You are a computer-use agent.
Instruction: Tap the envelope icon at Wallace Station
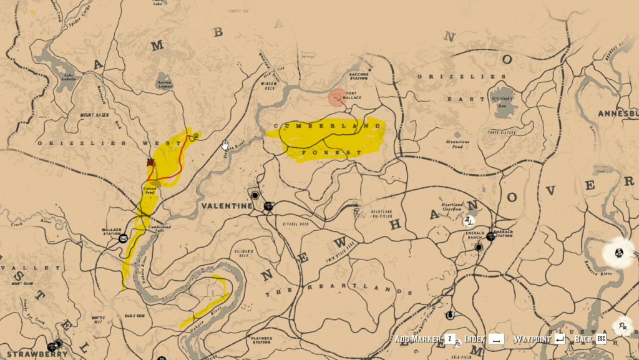124,238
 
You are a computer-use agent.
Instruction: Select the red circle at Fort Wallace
337,97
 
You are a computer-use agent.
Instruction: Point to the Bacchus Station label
359,76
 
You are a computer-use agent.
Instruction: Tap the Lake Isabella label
69,78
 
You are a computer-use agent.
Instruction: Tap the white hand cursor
225,145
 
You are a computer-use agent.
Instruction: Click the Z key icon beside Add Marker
449,339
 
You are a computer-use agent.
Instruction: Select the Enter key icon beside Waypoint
559,339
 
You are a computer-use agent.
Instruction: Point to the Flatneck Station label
261,341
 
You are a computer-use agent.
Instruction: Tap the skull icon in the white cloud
619,253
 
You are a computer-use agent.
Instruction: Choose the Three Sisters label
501,132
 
